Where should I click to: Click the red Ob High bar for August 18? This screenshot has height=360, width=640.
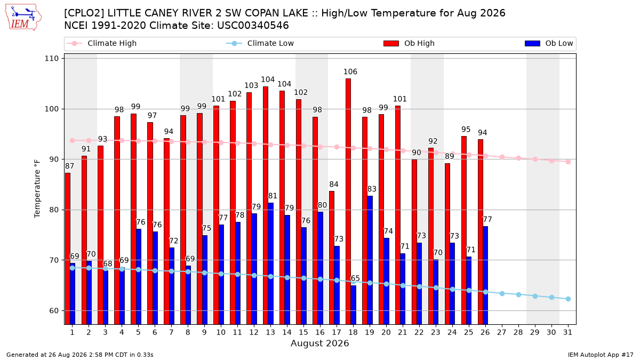tap(348, 202)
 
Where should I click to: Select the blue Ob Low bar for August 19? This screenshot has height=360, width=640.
tap(370, 260)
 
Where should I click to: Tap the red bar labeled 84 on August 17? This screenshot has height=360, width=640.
tap(331, 258)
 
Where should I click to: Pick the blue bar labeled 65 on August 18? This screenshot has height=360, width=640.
tap(354, 305)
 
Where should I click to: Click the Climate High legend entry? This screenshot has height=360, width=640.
tap(102, 43)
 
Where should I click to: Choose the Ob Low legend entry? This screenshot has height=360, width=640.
tap(549, 43)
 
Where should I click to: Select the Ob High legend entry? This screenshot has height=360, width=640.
tap(409, 43)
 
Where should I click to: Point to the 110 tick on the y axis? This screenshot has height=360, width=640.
tap(51, 59)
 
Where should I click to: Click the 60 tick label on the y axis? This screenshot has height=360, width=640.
tap(54, 310)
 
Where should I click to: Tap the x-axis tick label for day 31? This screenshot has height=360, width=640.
tap(567, 333)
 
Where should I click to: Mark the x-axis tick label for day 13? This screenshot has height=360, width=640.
tap(270, 333)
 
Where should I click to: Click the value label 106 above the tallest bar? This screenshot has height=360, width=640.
tap(350, 71)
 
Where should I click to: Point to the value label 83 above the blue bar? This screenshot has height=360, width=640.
tap(372, 189)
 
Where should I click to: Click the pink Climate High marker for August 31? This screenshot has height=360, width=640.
tap(569, 162)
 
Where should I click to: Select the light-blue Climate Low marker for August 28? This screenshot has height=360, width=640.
tap(518, 294)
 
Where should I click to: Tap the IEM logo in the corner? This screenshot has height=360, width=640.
tap(23, 18)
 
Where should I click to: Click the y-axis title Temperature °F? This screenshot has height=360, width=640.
tap(37, 189)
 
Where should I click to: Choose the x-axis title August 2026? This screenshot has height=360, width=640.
tap(319, 343)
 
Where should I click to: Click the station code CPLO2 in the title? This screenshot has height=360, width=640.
tap(84, 13)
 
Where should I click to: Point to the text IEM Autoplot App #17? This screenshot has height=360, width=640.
tap(601, 355)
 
